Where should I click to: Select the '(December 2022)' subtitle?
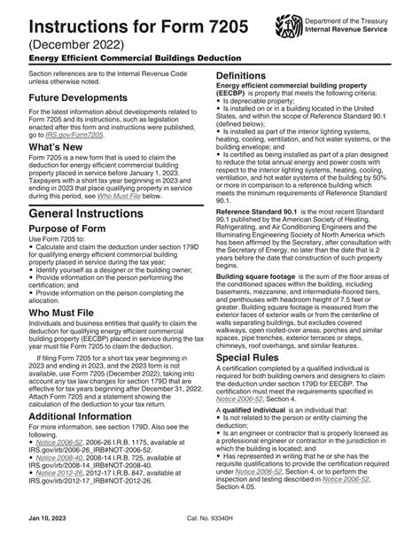coord(66,42)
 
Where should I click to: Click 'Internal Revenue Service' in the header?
coord(347,29)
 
